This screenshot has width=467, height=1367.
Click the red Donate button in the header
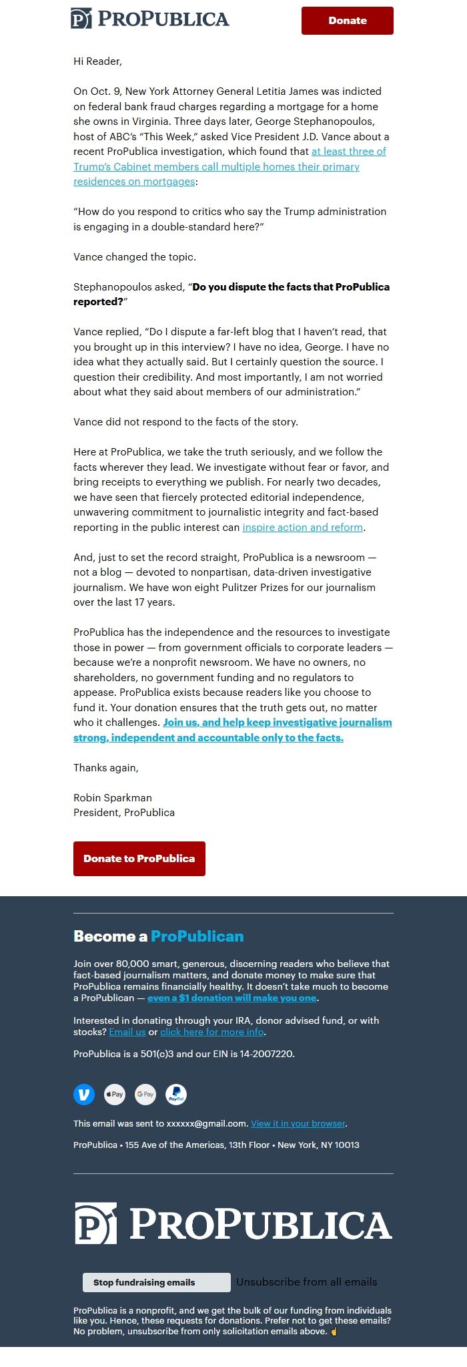pos(347,21)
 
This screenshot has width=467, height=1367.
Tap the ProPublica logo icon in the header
pos(81,19)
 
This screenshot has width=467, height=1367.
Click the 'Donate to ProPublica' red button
pos(139,859)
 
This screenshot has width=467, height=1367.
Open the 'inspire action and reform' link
pos(303,528)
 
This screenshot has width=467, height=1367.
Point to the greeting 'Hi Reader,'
pos(97,61)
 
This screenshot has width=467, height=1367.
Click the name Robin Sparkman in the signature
pos(113,797)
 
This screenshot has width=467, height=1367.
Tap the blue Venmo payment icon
pos(84,1095)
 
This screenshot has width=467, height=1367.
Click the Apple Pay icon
pos(115,1095)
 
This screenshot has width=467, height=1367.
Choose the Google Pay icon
pos(145,1095)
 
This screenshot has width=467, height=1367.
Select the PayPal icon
pos(176,1095)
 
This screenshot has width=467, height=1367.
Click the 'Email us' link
pos(127,1032)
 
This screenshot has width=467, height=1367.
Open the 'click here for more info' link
pos(212,1032)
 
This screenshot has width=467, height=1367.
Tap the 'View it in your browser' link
pos(298,1123)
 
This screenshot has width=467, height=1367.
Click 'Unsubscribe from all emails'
pos(307,1282)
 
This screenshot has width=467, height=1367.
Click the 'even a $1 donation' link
pos(232,998)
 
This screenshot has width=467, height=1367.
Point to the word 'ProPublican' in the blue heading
pos(197,936)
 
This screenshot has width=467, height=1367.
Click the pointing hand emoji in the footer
pos(334,1332)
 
